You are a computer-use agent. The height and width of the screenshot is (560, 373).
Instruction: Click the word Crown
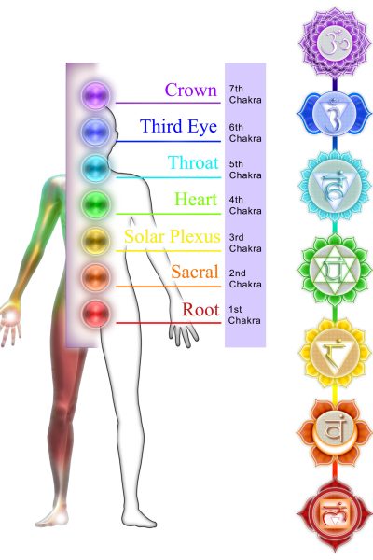(x=191, y=90)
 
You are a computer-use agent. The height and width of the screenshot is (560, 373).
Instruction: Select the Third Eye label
(x=178, y=126)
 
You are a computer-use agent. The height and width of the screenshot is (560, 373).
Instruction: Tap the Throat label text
(x=193, y=162)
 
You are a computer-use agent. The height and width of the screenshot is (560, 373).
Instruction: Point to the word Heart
(x=196, y=199)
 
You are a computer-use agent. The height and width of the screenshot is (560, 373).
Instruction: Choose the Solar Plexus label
(x=173, y=236)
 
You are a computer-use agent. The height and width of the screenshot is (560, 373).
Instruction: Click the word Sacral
(x=195, y=272)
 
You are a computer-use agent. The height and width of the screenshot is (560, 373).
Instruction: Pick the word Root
(x=200, y=309)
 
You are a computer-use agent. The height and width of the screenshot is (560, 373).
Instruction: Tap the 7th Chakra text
(x=245, y=94)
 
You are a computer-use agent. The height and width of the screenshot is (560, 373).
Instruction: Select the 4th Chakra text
(x=245, y=205)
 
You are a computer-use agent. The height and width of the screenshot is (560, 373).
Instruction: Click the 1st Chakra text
(x=244, y=315)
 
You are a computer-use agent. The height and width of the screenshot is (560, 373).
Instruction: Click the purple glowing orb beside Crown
(x=95, y=95)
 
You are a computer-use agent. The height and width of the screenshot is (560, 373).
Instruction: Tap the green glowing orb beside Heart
(x=95, y=203)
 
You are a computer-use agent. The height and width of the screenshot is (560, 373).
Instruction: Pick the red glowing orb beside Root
(x=96, y=314)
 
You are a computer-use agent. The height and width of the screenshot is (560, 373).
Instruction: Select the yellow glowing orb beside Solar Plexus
(x=95, y=241)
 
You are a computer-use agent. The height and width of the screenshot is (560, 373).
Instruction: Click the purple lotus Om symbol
(x=335, y=43)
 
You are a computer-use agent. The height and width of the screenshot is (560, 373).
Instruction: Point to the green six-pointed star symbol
(x=335, y=271)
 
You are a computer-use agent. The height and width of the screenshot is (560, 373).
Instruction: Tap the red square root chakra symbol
(x=335, y=516)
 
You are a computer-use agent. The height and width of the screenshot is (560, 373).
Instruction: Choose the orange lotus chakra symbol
(x=335, y=433)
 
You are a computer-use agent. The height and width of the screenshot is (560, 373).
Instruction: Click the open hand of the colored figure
(x=10, y=321)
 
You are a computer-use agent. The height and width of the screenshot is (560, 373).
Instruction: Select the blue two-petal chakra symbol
(x=335, y=114)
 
